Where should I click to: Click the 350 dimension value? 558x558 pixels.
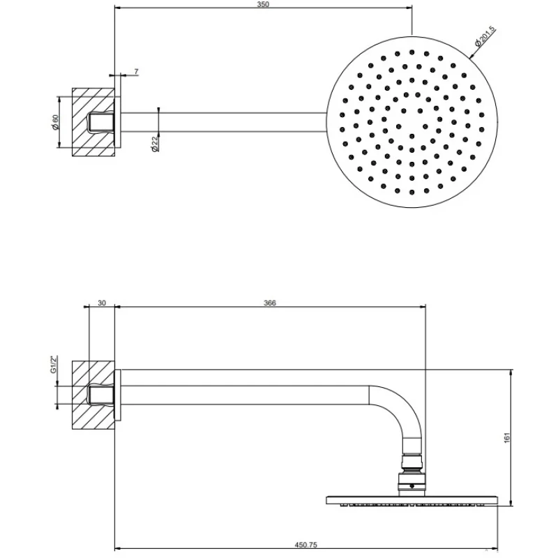coord(263,5)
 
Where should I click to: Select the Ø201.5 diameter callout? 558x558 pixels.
coord(485,37)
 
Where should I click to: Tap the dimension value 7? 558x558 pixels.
coord(136,72)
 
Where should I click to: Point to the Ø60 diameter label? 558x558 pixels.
coord(56,122)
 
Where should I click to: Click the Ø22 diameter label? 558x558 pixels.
coord(155,144)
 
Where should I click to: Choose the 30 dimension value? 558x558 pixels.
coord(102,303)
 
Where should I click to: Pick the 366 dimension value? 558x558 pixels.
coord(270,303)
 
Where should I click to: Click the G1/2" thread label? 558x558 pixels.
coord(54,364)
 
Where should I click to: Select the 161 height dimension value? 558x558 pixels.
coord(507,438)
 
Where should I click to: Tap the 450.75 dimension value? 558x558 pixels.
coord(306,545)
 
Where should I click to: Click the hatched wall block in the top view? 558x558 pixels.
coord(93,122)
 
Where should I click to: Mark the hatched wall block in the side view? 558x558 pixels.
coord(93,395)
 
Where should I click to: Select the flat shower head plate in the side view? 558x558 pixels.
coord(412,500)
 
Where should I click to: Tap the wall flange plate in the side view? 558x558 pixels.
coord(118,395)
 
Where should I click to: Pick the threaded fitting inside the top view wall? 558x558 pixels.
coord(100,122)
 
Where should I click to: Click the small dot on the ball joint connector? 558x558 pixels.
coord(412,486)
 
